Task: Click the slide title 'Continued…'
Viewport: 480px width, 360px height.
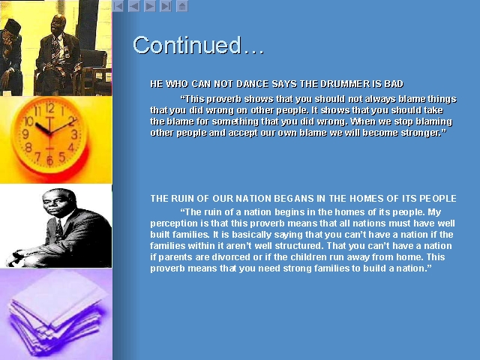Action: (x=198, y=45)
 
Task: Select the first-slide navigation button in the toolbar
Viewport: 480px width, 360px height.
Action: (x=118, y=6)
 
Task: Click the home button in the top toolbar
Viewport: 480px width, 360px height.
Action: (x=182, y=6)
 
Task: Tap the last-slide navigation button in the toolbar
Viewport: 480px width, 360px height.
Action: (x=166, y=6)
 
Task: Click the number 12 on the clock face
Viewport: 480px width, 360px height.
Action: (x=50, y=108)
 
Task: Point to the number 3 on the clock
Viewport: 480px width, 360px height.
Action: (x=74, y=134)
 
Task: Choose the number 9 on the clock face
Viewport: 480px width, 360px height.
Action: (x=25, y=133)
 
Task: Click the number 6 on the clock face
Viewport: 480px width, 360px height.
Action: (x=49, y=160)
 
